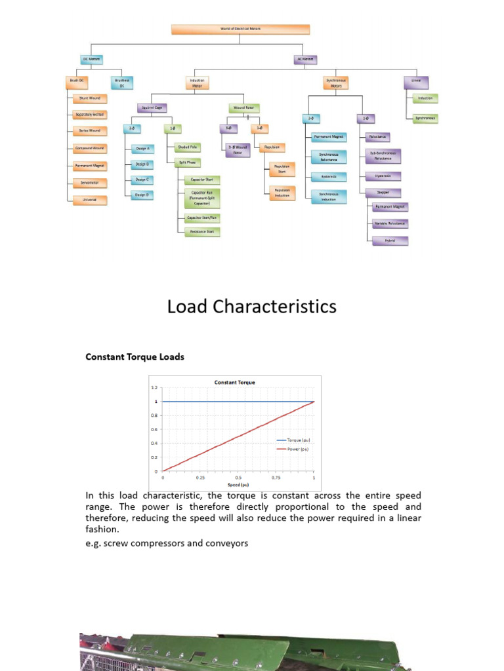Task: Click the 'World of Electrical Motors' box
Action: click(240, 29)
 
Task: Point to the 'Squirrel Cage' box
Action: click(152, 107)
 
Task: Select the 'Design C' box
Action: click(142, 179)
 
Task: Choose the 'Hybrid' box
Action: click(390, 240)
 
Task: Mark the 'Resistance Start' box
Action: click(202, 231)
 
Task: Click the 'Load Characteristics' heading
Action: click(252, 307)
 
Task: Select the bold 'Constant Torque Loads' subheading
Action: click(135, 357)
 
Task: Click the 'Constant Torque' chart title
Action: click(234, 382)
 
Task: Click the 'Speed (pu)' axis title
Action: click(238, 485)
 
